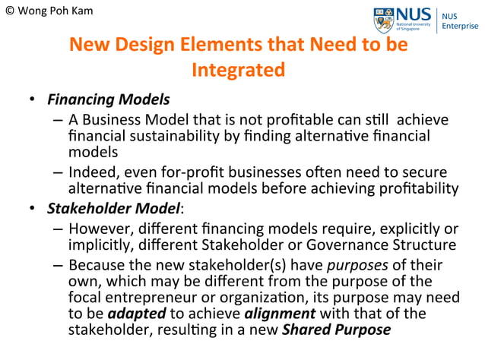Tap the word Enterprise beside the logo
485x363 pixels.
(461, 26)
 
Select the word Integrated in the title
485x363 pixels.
(238, 70)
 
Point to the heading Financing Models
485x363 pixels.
(109, 99)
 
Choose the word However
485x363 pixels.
(99, 229)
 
